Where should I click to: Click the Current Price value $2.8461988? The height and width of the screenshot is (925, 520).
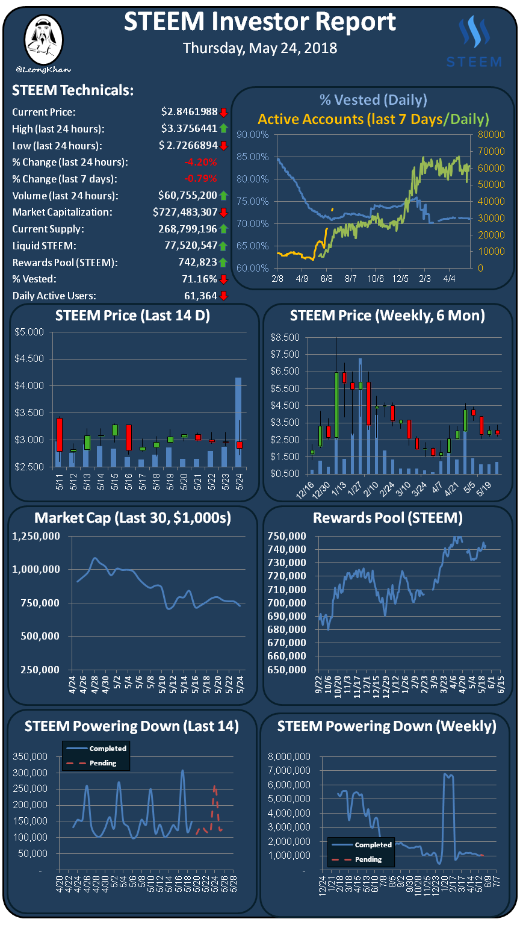point(189,111)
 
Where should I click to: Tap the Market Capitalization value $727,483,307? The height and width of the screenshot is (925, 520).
point(185,212)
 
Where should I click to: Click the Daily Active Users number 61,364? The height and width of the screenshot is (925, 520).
point(200,296)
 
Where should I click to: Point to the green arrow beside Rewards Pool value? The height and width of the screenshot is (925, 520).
point(223,262)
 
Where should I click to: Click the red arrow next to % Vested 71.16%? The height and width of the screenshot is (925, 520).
point(223,279)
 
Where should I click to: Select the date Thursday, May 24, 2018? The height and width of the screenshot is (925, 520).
point(260,48)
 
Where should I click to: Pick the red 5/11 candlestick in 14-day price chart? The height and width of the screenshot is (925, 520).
point(60,434)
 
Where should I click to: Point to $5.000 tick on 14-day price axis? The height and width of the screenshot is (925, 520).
point(29,332)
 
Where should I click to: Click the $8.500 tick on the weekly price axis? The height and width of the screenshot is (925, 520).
point(285,337)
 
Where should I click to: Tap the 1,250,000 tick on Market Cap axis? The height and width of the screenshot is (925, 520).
point(36,536)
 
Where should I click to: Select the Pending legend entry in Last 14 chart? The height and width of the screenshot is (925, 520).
point(103,763)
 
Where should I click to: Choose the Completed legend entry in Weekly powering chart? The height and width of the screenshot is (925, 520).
point(373,845)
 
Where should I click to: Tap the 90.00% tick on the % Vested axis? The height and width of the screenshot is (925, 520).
point(253,134)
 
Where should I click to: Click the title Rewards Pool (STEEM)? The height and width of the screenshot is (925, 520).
point(388,518)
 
